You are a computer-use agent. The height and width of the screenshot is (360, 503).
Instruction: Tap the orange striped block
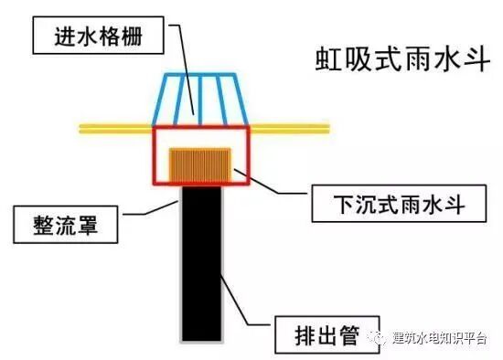click(198, 163)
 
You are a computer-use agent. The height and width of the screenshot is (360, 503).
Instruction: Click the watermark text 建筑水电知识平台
click(439, 336)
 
